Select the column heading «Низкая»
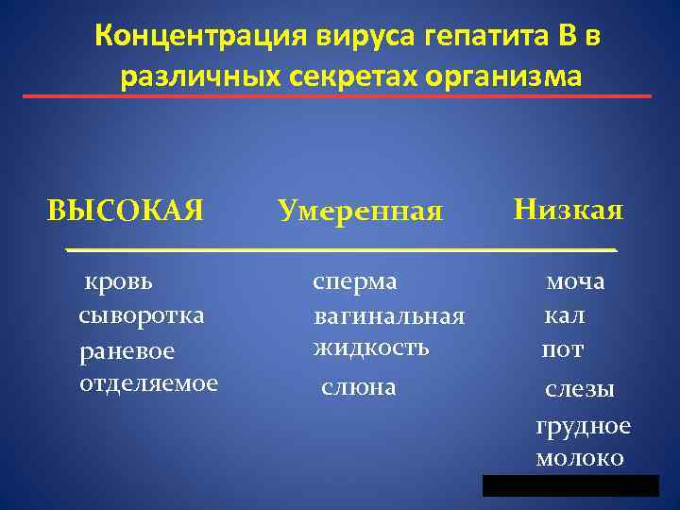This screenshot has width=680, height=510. click(568, 209)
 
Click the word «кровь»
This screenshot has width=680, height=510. click(121, 281)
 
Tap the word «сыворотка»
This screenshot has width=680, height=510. click(141, 314)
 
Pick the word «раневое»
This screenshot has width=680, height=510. click(127, 349)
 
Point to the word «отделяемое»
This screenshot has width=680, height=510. click(148, 382)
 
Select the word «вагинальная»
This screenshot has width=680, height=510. click(389, 316)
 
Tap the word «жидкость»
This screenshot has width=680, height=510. click(371, 348)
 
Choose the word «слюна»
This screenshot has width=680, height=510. click(359, 387)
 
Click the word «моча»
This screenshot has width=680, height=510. click(575, 281)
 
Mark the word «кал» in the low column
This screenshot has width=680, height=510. click(564, 314)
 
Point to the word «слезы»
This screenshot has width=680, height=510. click(580, 389)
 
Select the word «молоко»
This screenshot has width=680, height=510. click(579, 458)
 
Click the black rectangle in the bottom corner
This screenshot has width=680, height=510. click(569, 485)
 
